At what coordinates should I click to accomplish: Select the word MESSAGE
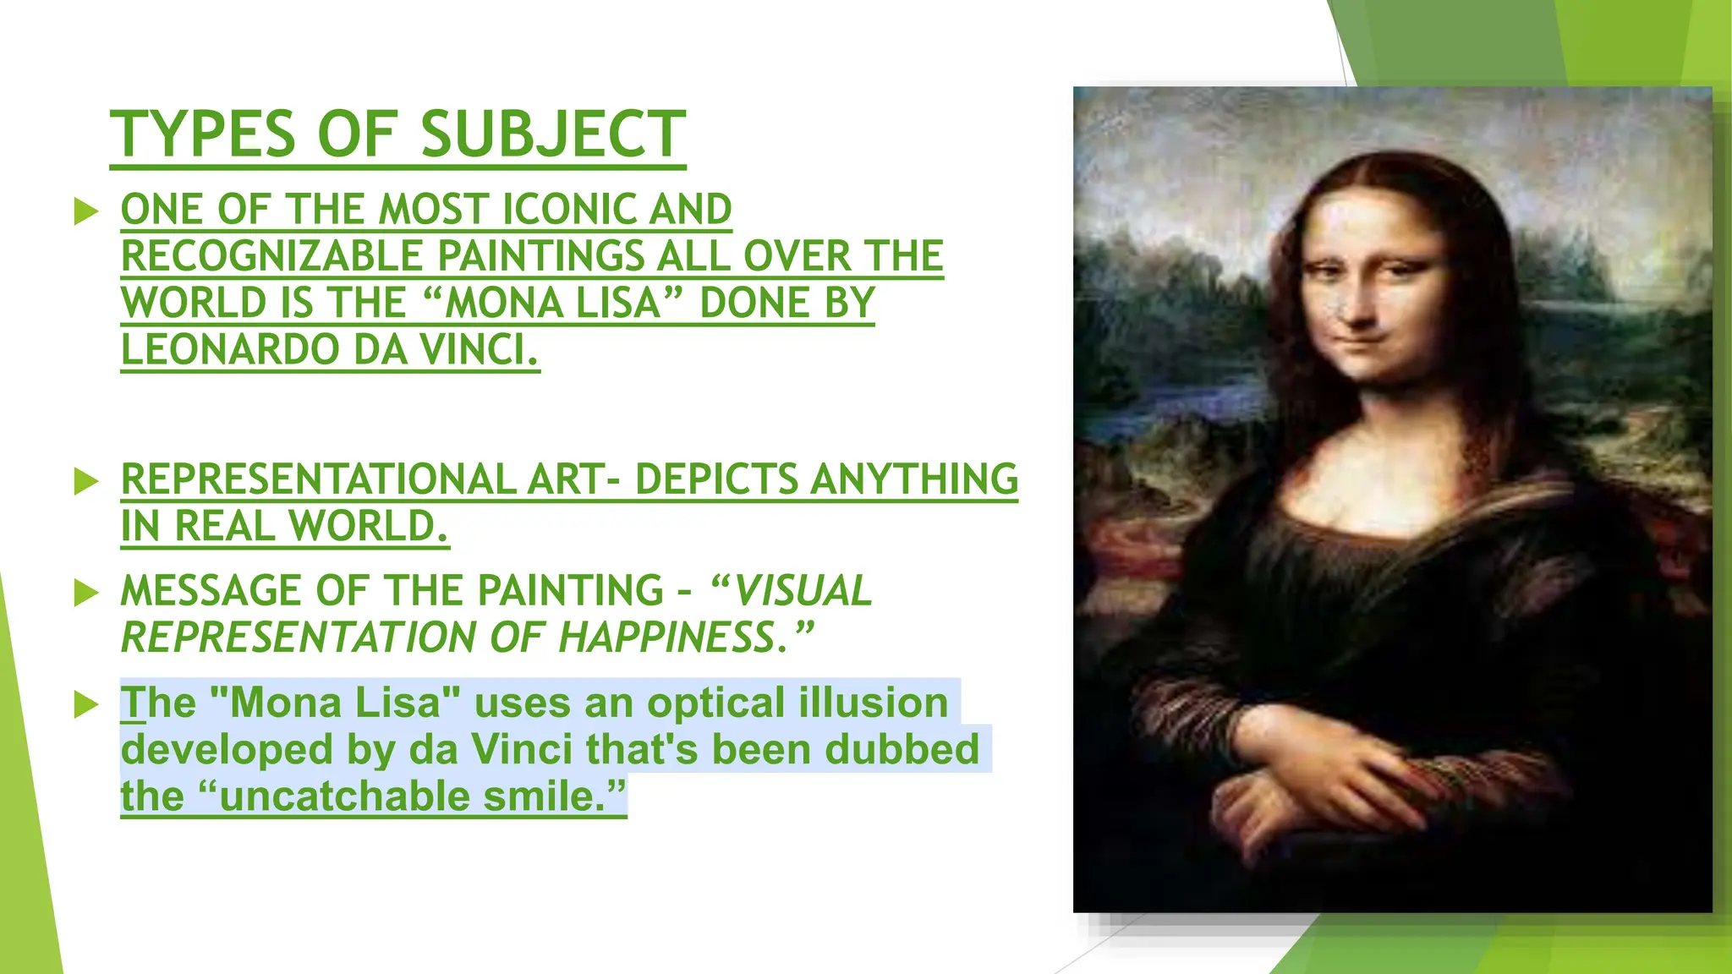[211, 590]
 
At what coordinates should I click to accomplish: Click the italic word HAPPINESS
[666, 637]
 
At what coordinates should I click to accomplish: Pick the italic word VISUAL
[803, 590]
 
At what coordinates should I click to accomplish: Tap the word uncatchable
[344, 796]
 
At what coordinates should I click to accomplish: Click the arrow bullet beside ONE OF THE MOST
[86, 211]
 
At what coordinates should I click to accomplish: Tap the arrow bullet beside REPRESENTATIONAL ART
[86, 480]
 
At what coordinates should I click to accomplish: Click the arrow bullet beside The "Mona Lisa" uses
[86, 703]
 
